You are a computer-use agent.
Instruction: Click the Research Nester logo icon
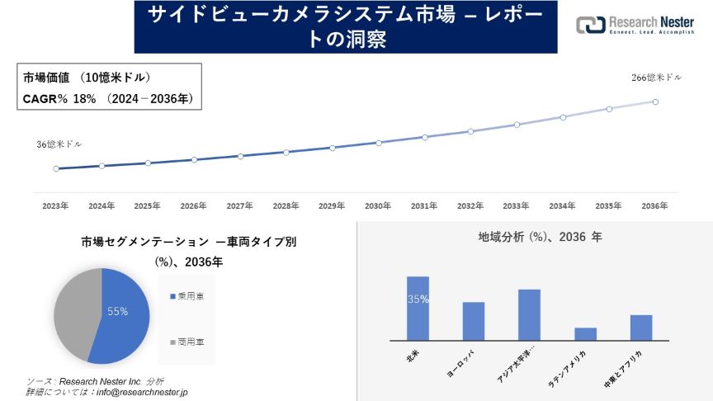[x=591, y=26]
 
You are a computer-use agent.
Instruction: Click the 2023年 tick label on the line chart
[x=55, y=205]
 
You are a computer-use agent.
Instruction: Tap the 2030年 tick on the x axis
[x=378, y=205]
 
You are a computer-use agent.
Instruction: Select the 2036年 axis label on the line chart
[x=654, y=205]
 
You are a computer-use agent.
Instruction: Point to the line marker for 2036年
[x=655, y=101]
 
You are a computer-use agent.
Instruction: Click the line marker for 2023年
[x=56, y=168]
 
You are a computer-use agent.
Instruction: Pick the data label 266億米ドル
[x=656, y=78]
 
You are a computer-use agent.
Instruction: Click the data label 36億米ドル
[x=59, y=144]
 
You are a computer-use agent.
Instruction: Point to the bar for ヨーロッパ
[x=473, y=321]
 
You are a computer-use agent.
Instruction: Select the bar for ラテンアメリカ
[x=585, y=333]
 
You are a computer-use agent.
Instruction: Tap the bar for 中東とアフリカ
[x=641, y=327]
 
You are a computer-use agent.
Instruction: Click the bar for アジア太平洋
[x=529, y=314]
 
